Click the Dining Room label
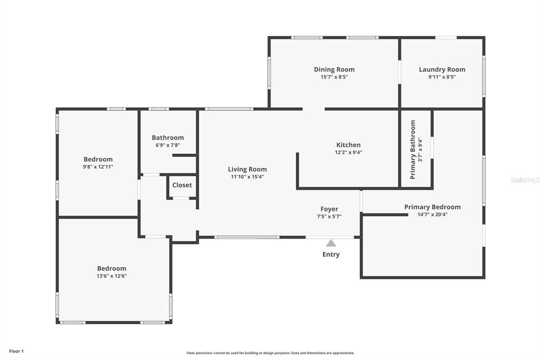[x=334, y=70]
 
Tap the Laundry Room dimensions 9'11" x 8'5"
[x=442, y=77]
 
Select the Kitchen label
[x=349, y=145]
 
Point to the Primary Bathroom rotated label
[x=413, y=149]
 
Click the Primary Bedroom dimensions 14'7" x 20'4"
[x=432, y=215]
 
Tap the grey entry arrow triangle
[x=331, y=243]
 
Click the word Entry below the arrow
[x=331, y=254]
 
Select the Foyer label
[x=329, y=209]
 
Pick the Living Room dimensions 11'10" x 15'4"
[x=247, y=177]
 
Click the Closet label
[x=182, y=185]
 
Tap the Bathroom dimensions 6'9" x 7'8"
[x=168, y=145]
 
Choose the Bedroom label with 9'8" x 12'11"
[x=98, y=159]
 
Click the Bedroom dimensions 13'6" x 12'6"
[x=111, y=276]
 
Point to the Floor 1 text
[x=16, y=351]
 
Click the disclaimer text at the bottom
[x=270, y=353]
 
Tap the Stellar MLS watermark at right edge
[x=525, y=180]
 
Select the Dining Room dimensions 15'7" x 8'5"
[x=334, y=77]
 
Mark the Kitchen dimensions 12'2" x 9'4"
[x=349, y=153]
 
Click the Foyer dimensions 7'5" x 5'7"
[x=329, y=216]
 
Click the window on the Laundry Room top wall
[x=446, y=37]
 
